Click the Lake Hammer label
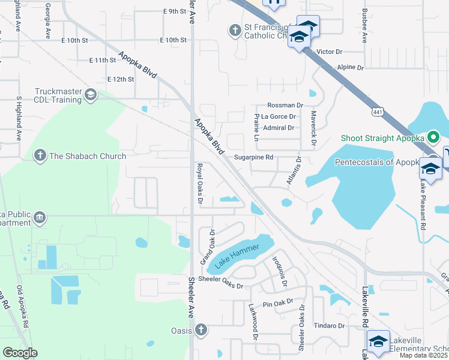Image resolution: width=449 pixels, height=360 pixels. pos(238,255)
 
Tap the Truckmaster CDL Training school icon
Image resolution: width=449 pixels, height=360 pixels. pos(90,94)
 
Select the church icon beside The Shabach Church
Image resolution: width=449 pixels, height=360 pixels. pos(40,156)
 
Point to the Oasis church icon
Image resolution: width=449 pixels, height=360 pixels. pos(200,331)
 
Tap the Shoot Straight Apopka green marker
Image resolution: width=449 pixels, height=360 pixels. pos(434,138)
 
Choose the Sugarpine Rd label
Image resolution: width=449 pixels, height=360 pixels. pos(253,158)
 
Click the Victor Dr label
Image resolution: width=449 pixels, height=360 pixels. pos(329,52)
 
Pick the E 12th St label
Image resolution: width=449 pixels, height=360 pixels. pos(120,79)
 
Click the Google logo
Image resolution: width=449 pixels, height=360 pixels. pos(20,353)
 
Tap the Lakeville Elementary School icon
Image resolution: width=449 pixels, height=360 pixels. pos(378,341)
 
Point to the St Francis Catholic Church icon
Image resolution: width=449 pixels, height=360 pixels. pos(234,29)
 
